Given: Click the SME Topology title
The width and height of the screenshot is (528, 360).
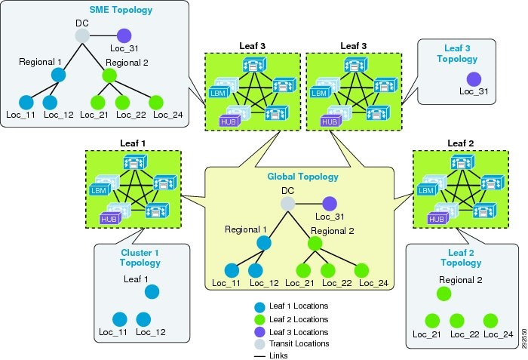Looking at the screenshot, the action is click(x=121, y=10).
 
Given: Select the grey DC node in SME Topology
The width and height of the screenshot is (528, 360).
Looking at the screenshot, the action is click(x=82, y=35).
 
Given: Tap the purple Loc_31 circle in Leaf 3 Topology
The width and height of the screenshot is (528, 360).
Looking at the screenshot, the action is click(x=474, y=79).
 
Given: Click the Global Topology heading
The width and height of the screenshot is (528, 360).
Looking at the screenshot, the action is click(x=302, y=177).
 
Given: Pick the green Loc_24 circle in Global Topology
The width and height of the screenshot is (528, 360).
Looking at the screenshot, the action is click(x=361, y=270).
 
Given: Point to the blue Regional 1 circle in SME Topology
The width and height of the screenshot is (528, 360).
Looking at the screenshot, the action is click(x=58, y=75).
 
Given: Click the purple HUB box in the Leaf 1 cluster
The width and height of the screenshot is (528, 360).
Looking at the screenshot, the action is click(x=109, y=219).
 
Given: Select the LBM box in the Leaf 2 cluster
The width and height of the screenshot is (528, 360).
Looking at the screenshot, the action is click(x=426, y=190).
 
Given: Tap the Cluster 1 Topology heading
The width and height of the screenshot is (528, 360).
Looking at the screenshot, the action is click(x=140, y=257).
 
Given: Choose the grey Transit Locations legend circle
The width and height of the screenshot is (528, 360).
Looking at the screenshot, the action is click(x=259, y=344).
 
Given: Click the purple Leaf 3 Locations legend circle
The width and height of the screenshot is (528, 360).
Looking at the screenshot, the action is click(x=259, y=332).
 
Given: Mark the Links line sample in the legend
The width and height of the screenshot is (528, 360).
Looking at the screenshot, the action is click(x=260, y=356).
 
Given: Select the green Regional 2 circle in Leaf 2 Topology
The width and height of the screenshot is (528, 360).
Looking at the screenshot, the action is click(x=444, y=294).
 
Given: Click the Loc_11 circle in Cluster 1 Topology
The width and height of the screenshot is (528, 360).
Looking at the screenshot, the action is click(x=119, y=319).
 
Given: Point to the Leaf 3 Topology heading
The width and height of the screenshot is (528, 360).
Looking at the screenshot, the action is click(x=457, y=54).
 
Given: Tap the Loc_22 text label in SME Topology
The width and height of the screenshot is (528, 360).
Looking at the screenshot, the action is click(x=131, y=115).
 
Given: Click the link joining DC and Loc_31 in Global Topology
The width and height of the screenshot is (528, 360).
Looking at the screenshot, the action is click(x=309, y=204).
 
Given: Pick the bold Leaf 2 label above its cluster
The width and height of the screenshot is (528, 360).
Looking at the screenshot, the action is click(x=461, y=143).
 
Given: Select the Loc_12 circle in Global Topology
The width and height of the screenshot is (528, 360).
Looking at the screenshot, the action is click(x=256, y=270).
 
